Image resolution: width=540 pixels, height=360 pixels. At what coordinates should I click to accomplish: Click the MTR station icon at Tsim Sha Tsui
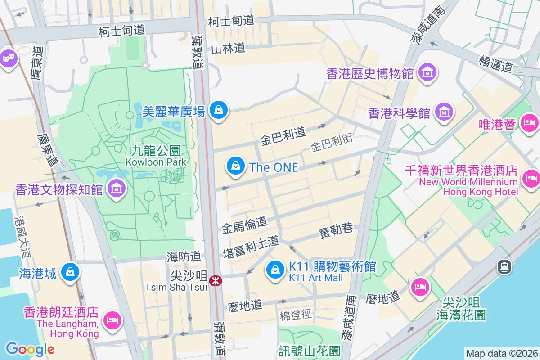216,281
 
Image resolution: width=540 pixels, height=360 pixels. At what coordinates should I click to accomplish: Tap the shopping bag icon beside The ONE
235,166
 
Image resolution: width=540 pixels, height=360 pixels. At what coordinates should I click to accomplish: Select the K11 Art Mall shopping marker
274,270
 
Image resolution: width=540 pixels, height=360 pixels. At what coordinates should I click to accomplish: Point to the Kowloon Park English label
156,162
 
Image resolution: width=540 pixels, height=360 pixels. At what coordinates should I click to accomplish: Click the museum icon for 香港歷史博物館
427,72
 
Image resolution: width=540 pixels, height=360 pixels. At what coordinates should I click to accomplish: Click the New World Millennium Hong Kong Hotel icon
531,179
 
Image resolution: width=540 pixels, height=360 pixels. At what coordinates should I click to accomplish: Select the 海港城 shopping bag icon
71,272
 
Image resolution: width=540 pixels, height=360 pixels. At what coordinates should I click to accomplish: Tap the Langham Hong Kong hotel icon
111,320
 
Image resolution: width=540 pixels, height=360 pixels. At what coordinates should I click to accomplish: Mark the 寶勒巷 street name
336,229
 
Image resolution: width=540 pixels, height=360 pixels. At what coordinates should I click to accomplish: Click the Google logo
30,349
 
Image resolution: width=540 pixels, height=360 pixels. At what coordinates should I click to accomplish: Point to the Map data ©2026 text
501,353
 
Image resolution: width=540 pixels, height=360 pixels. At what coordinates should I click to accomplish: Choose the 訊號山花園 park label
310,350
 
